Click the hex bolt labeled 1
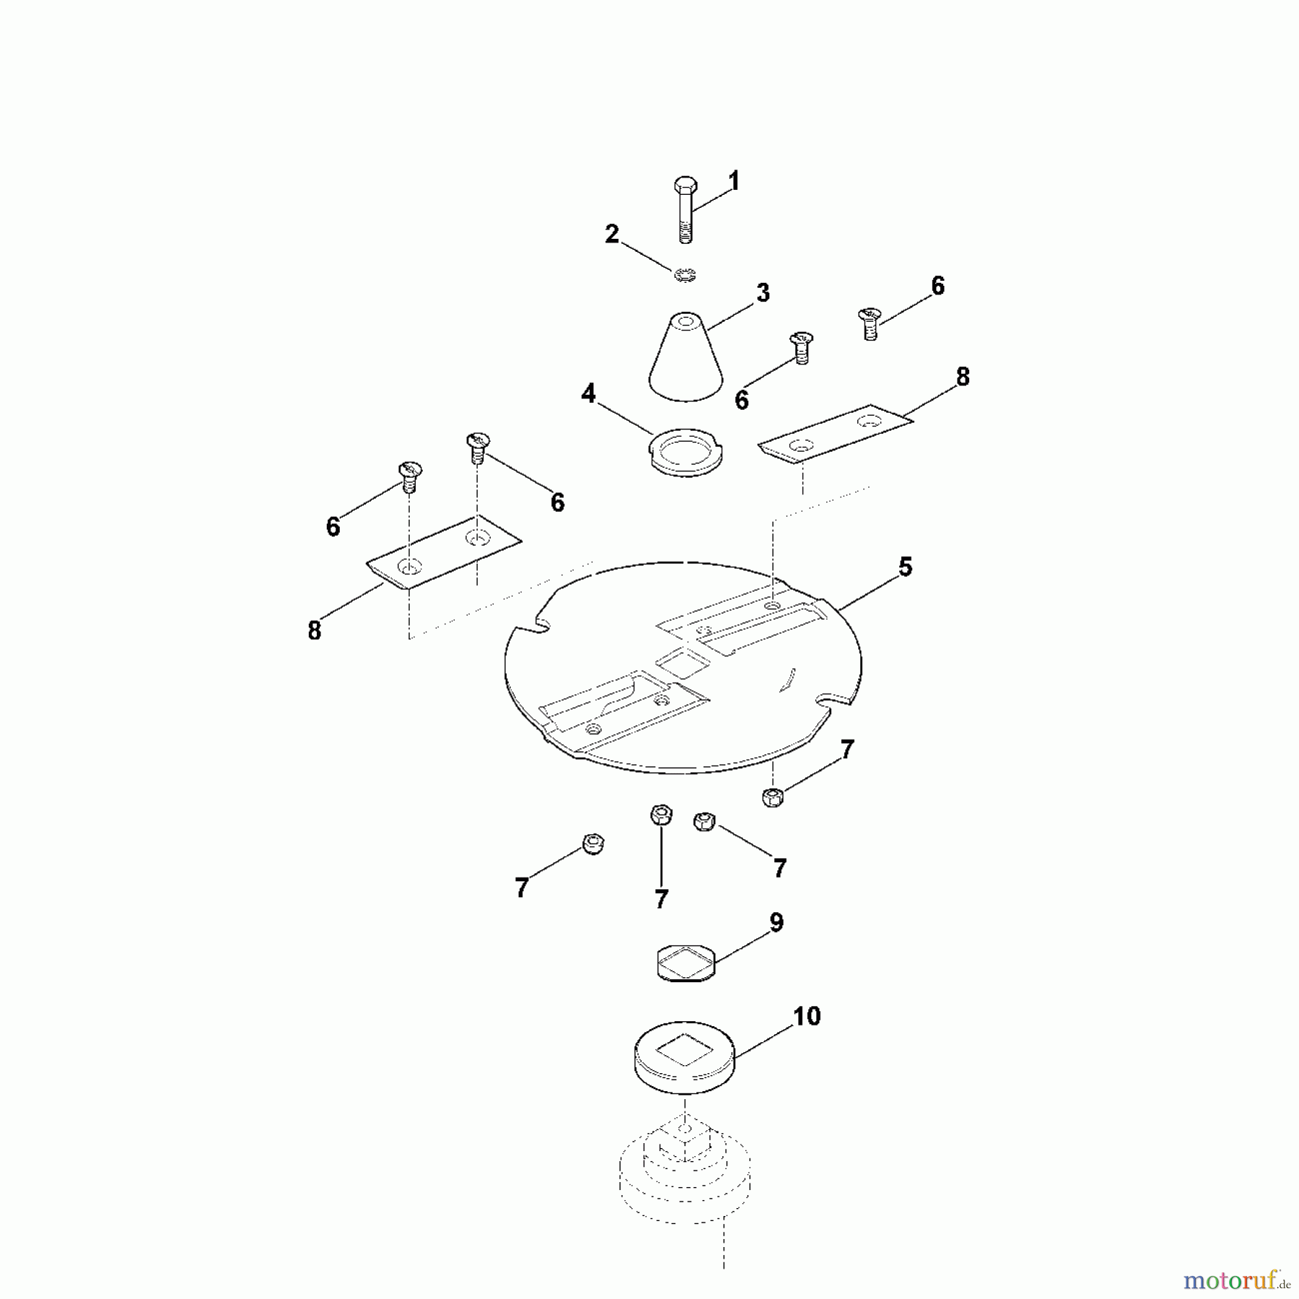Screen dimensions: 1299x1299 coord(684,209)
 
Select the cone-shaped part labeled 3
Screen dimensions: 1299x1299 coord(685,357)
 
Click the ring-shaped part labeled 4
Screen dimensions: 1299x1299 coord(686,452)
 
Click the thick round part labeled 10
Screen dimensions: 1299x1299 coord(685,1057)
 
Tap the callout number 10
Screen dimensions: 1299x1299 coord(807,1016)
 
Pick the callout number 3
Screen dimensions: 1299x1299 coord(763,293)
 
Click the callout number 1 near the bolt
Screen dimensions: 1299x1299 coord(734,181)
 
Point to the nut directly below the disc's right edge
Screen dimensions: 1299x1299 coord(773,797)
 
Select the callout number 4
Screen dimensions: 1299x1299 coord(588,393)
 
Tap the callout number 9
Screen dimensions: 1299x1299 coord(776,922)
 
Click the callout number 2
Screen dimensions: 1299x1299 coord(612,234)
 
